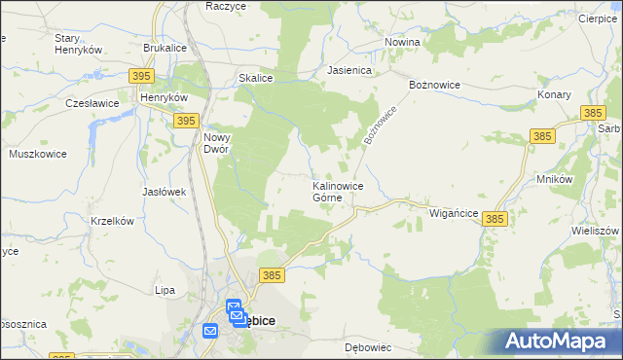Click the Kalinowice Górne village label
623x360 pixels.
tap(338, 191)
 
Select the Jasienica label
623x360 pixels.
tap(350, 70)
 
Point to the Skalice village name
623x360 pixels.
tap(255, 78)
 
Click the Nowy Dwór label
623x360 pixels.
tap(216, 143)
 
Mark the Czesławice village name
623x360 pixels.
tap(92, 102)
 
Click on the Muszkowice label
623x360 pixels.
tap(36, 154)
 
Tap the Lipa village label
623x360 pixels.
tap(165, 290)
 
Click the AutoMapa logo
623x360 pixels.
tap(562, 341)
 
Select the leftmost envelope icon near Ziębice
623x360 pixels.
tap(210, 331)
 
